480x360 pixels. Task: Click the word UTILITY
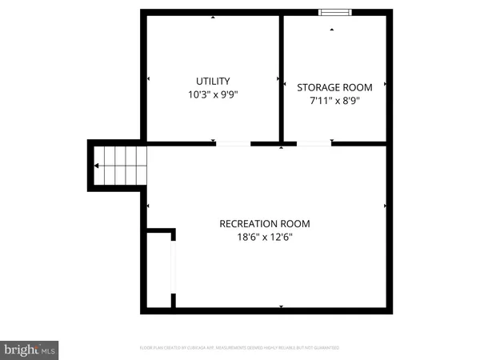point(213,81)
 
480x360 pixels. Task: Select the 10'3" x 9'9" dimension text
point(213,94)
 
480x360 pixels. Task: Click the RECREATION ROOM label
point(264,224)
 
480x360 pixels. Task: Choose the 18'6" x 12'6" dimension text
point(264,238)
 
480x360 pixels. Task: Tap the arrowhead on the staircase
point(97,166)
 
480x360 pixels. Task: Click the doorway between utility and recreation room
point(233,144)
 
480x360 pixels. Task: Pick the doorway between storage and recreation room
point(314,144)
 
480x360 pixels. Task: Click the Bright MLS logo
point(30,349)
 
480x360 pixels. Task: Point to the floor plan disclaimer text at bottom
point(239,348)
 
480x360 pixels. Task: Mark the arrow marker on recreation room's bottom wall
point(281,306)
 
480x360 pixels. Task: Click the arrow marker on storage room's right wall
point(386,83)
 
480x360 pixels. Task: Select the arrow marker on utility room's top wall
point(213,17)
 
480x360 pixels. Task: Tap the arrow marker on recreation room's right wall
point(386,206)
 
